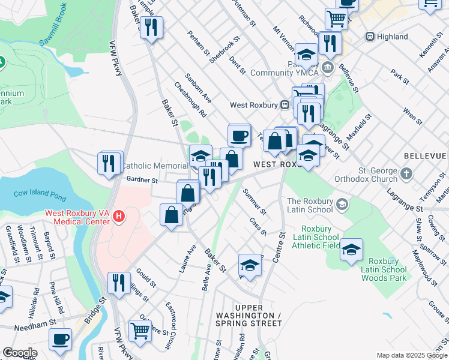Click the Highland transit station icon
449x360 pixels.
coord(370,37)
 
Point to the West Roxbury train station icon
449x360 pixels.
coord(289,105)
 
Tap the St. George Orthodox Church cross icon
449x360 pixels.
coord(406,174)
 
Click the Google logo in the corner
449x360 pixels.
coord(19,352)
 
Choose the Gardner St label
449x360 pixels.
coord(142,179)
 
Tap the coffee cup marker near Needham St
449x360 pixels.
coord(60,339)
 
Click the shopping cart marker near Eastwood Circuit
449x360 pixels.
coord(140,330)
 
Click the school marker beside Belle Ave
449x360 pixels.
coord(250,265)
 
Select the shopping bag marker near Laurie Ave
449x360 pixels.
coord(172,215)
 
